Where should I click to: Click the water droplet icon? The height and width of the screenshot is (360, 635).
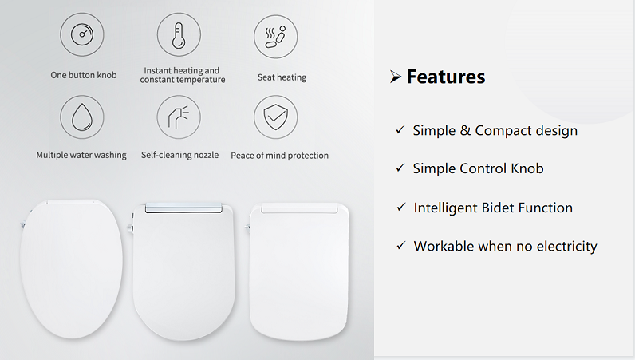pos(82,117)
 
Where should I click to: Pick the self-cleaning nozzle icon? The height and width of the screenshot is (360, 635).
pos(179,117)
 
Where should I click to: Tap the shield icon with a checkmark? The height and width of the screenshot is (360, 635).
pos(275,117)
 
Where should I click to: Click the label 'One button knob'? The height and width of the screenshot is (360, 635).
pos(83,75)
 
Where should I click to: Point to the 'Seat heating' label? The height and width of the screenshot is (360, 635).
pos(282,77)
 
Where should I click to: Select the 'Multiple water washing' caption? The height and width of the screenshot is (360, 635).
pos(81,155)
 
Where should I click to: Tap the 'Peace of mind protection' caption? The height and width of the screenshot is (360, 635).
pos(279,155)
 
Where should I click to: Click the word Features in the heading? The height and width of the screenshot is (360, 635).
pos(445,77)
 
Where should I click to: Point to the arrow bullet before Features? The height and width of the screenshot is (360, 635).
pos(395,77)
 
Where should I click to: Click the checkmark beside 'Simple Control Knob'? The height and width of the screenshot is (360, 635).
pos(400,168)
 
